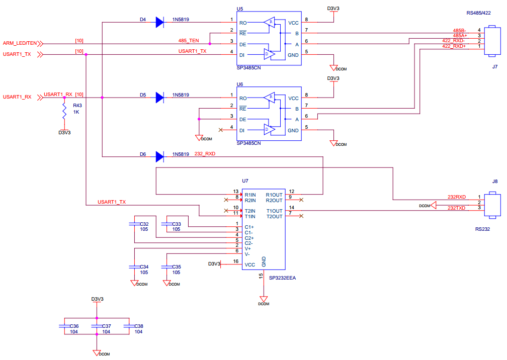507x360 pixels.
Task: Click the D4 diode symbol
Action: (160, 22)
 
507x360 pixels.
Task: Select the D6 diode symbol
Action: (160, 157)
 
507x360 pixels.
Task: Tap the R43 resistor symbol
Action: (64, 111)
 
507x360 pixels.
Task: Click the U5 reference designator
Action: (240, 9)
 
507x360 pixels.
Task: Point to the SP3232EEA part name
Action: (282, 278)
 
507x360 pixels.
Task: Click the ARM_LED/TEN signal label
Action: (20, 43)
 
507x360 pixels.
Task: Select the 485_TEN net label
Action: (189, 40)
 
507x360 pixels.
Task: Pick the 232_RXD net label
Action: (205, 154)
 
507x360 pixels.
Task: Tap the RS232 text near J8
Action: (483, 228)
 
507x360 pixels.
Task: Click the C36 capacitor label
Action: (74, 326)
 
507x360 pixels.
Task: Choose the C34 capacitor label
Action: (144, 266)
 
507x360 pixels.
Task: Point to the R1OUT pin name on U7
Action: (275, 195)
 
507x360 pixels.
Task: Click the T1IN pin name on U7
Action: (250, 216)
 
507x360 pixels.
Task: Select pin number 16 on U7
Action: (236, 261)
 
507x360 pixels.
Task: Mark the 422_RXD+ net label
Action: (454, 46)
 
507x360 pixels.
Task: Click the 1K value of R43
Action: (76, 112)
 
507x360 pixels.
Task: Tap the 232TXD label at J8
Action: (457, 208)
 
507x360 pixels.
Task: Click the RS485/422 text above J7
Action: (479, 13)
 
